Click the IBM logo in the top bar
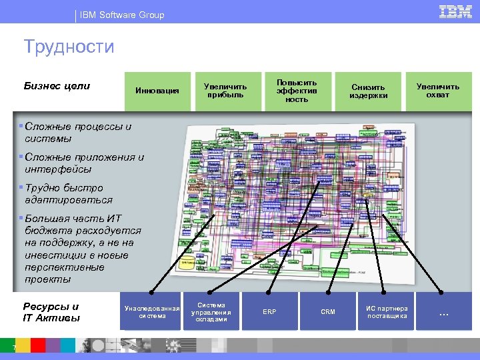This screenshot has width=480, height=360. click(456, 11)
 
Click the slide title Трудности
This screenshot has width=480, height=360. click(69, 47)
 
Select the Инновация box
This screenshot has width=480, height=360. click(157, 91)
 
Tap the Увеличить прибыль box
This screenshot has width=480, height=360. click(225, 91)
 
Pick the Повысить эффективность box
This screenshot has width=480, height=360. click(297, 91)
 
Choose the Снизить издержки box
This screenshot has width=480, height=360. click(368, 91)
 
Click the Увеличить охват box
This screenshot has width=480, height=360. click(438, 91)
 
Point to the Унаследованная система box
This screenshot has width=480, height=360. click(153, 311)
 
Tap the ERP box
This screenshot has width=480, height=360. click(269, 311)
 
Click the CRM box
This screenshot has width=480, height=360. click(328, 311)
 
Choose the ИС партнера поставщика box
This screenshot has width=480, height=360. click(387, 311)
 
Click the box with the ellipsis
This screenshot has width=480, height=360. click(443, 311)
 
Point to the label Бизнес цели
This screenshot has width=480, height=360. click(57, 86)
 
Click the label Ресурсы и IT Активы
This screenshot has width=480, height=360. click(51, 312)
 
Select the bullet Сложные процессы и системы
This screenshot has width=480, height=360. click(75, 133)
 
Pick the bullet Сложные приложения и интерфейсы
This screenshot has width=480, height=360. click(82, 163)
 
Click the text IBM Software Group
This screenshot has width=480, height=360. click(121, 15)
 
